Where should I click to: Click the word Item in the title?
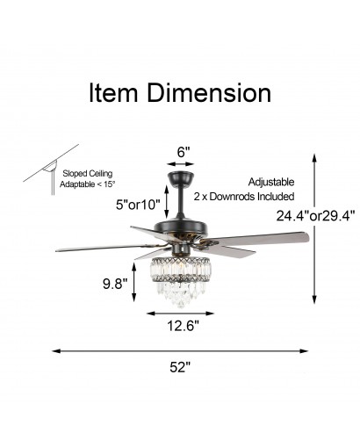pyautogui.click(x=113, y=93)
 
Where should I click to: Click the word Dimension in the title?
pyautogui.click(x=209, y=93)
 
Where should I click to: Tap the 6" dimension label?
pyautogui.click(x=184, y=152)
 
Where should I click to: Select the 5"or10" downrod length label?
pyautogui.click(x=138, y=205)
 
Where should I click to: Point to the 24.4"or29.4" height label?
pyautogui.click(x=315, y=216)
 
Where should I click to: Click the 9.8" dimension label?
pyautogui.click(x=115, y=284)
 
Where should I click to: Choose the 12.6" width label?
pyautogui.click(x=183, y=326)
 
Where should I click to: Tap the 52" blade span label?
pyautogui.click(x=180, y=367)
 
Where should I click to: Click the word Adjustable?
pyautogui.click(x=271, y=182)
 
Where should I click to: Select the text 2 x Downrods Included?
pyautogui.click(x=244, y=197)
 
